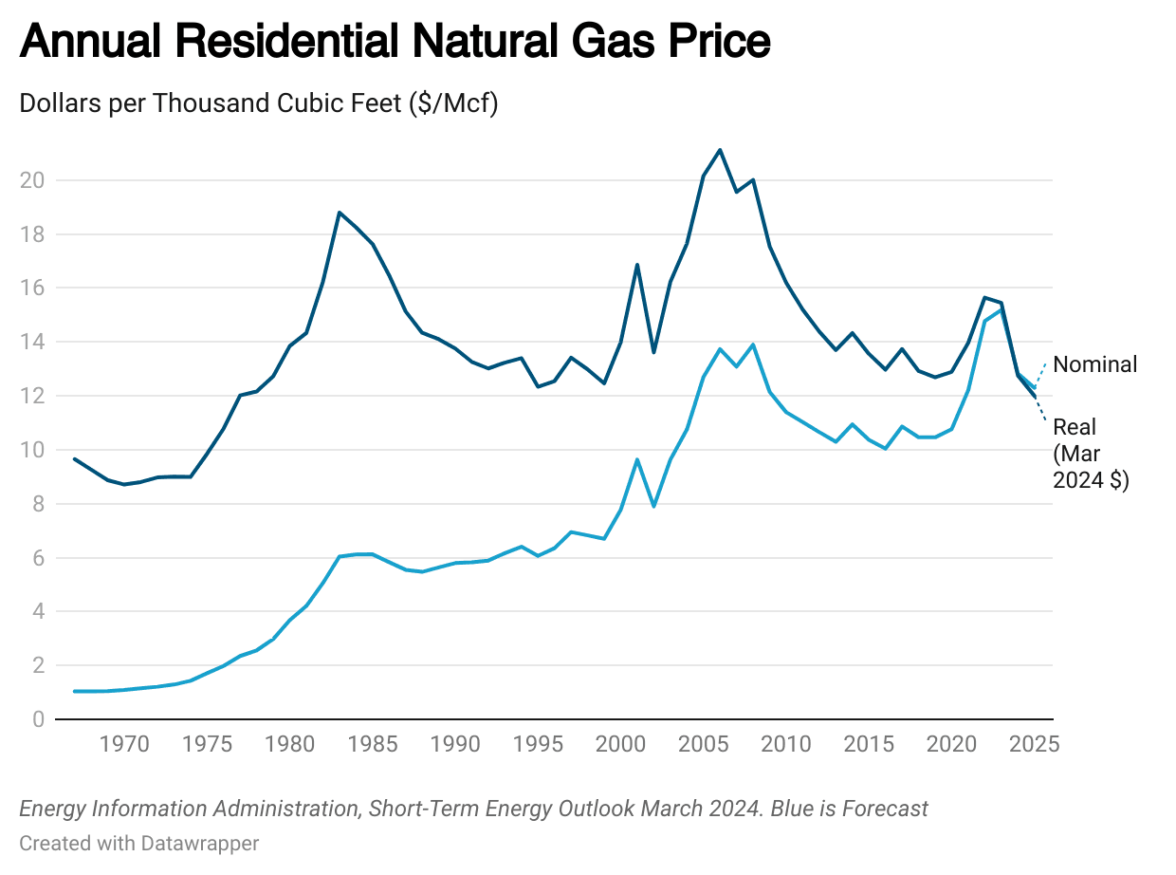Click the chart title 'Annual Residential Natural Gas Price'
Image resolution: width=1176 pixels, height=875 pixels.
[395, 43]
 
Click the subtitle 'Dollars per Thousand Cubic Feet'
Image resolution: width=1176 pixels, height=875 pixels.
[258, 102]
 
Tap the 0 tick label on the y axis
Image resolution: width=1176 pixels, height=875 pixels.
[38, 719]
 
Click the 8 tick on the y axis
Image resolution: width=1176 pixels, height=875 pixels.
[38, 504]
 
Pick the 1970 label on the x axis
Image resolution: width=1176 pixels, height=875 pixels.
[124, 744]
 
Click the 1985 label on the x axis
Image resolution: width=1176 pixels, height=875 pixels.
[373, 744]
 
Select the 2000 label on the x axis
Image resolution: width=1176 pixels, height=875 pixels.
[620, 744]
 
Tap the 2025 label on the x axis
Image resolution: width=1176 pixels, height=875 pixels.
[1033, 744]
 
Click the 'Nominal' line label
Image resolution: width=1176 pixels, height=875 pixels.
[1094, 364]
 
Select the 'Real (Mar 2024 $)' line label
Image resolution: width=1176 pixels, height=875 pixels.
[1091, 454]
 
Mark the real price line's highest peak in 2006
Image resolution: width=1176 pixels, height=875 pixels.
[720, 150]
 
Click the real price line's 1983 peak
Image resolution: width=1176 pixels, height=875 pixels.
[340, 213]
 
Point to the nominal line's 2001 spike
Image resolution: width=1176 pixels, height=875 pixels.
[637, 459]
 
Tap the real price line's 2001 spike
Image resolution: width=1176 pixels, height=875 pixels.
[637, 265]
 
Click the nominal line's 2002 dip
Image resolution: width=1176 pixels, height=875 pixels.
[653, 506]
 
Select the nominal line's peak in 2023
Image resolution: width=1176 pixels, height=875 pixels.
[1001, 310]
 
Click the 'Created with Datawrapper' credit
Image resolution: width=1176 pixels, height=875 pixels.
[138, 843]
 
